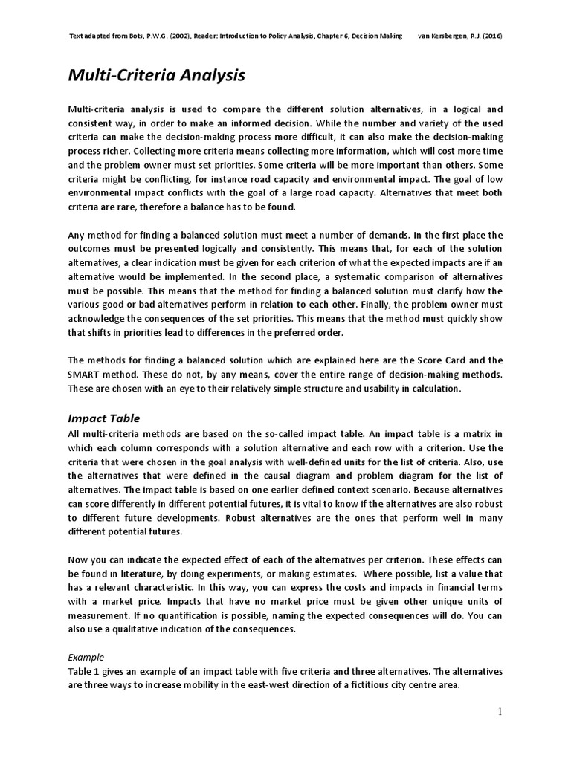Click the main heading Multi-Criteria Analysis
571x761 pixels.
156,75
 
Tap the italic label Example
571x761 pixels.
86,657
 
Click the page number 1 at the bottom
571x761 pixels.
500,712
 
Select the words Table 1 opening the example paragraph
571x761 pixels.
85,673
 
